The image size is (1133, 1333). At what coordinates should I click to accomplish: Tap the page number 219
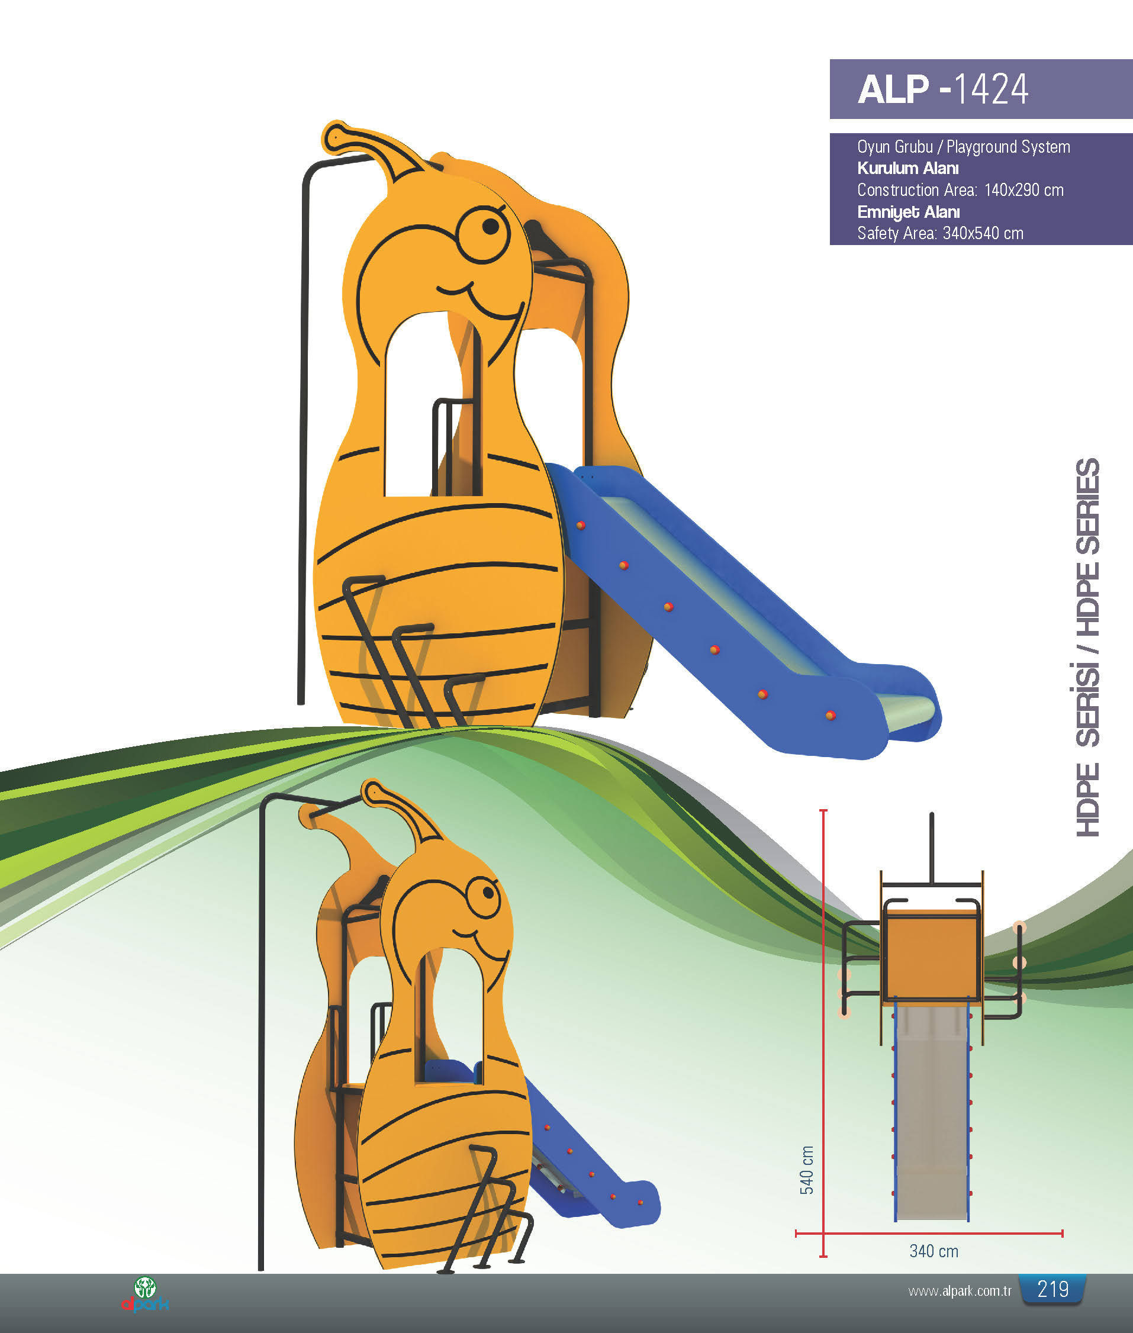tap(1052, 1289)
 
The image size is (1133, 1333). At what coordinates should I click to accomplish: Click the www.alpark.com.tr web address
tap(960, 1290)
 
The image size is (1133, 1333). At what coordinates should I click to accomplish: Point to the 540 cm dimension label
tap(807, 1170)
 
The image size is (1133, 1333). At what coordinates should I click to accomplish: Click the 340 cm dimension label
tap(934, 1251)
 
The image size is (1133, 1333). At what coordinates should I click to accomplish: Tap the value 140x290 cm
tap(1024, 190)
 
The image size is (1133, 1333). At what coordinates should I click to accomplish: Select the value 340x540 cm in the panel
tap(983, 233)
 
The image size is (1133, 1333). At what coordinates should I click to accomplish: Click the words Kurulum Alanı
tap(907, 168)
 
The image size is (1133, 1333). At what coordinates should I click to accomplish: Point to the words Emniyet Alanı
tap(908, 212)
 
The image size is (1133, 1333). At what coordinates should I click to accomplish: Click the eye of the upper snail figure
tap(484, 234)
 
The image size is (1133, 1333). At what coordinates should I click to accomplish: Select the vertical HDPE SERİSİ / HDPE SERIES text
tap(1087, 646)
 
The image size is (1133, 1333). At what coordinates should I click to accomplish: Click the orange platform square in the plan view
tap(932, 954)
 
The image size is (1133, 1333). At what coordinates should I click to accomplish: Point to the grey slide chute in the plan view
tap(932, 1112)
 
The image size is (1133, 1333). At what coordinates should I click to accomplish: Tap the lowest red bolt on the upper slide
tap(830, 715)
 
